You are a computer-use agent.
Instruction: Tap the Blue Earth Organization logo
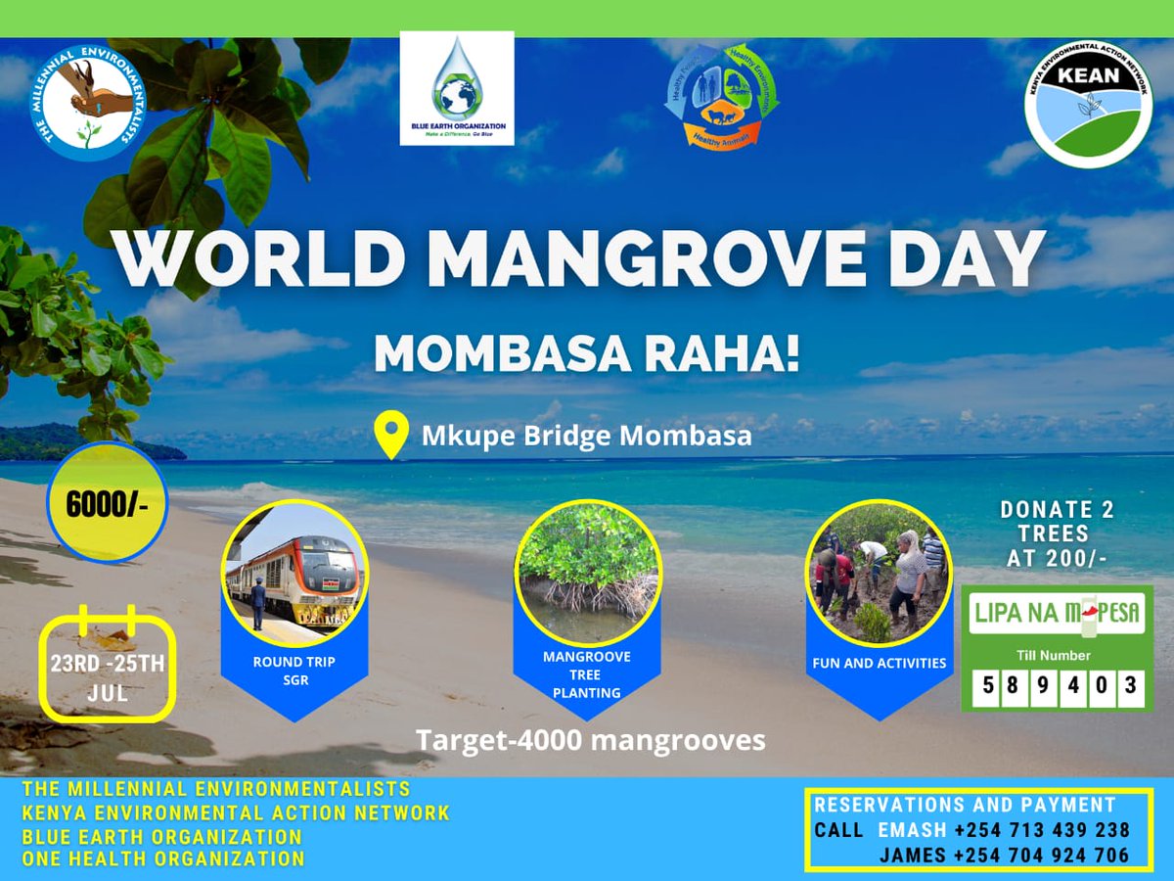tap(457, 88)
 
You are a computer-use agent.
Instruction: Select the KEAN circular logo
tap(1088, 104)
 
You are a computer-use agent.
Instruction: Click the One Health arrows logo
tap(721, 96)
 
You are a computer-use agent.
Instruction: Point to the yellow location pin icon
tap(391, 436)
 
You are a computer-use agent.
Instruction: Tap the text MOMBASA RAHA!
tap(587, 354)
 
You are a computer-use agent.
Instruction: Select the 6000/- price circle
tap(107, 503)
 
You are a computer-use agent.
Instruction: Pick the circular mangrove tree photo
tap(588, 573)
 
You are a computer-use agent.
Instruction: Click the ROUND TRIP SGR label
tap(294, 671)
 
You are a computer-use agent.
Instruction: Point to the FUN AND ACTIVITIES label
tap(879, 664)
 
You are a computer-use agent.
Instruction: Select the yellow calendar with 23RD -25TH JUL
tap(108, 668)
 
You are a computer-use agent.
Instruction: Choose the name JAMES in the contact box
tap(912, 856)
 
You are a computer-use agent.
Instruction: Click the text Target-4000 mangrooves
tap(590, 740)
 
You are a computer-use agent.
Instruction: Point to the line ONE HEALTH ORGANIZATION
tap(163, 859)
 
